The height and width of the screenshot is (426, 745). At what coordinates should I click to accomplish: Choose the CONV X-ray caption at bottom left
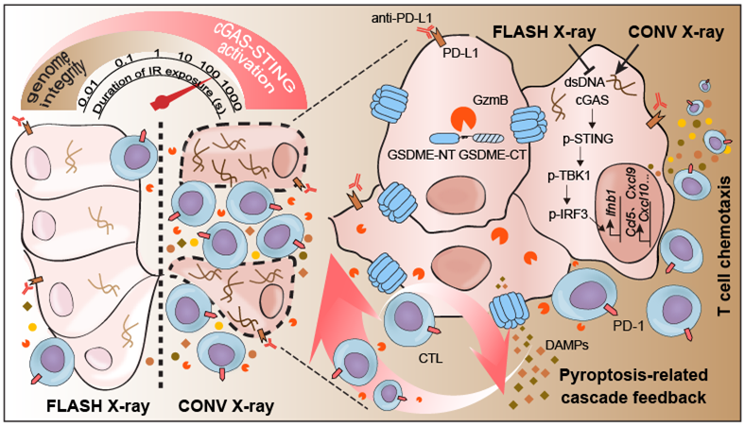(227, 408)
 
